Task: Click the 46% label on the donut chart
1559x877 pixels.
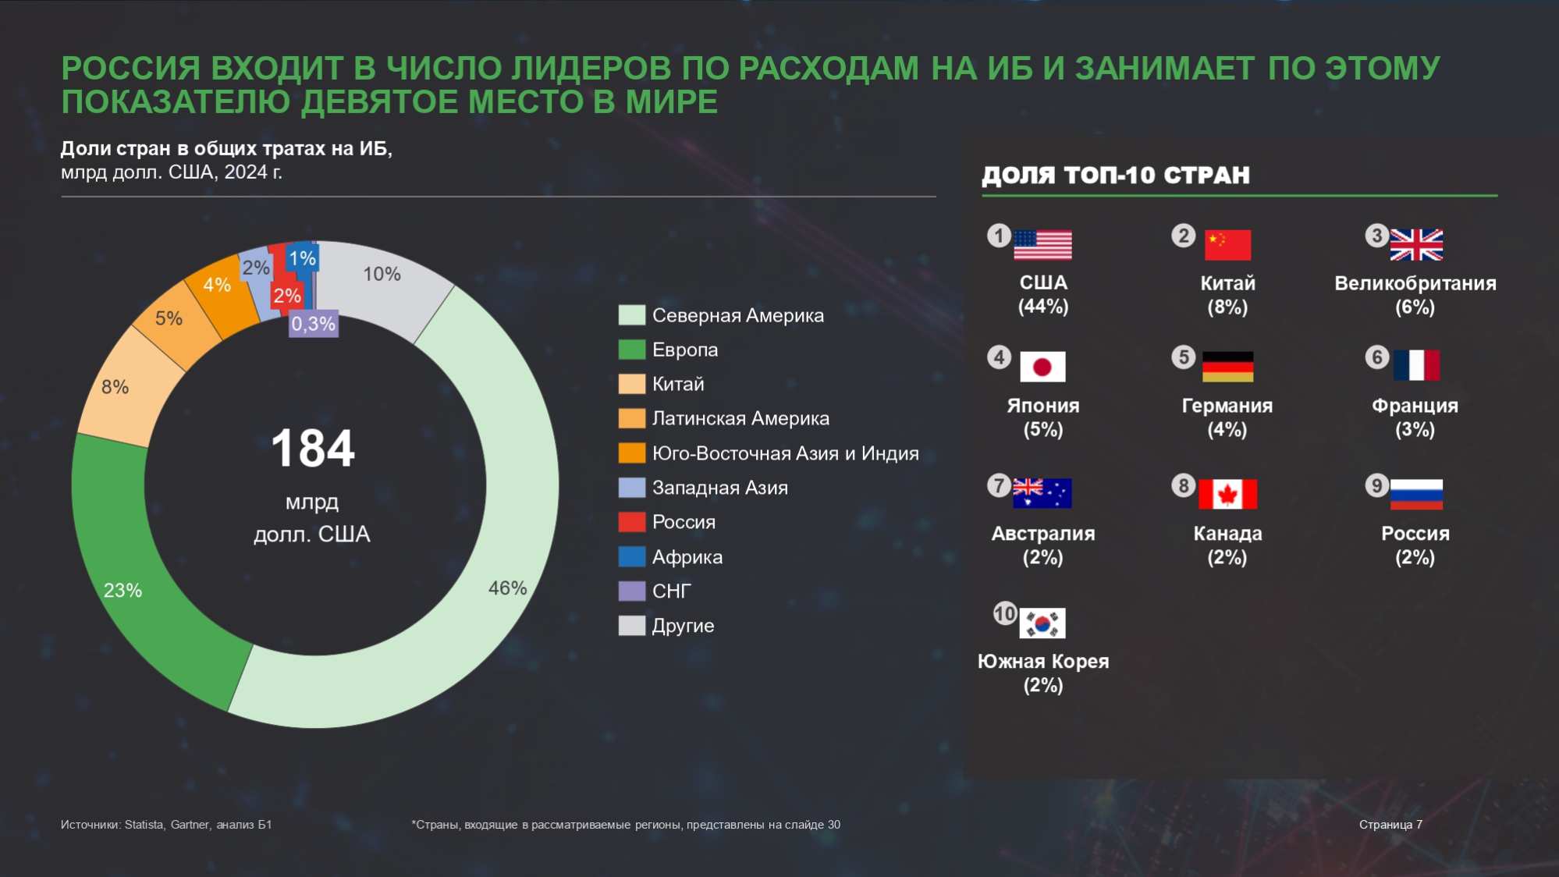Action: coord(507,588)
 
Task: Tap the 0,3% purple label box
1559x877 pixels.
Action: coord(313,324)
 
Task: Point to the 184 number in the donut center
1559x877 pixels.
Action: coord(313,449)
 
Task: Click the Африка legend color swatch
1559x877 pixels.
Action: coord(631,556)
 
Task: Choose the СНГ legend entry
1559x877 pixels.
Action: coord(671,591)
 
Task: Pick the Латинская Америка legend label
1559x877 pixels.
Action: coord(740,418)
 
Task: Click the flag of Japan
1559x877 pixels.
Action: coord(1042,367)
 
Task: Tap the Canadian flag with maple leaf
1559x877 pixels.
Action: coord(1227,494)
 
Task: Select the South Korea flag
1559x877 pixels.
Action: coord(1042,623)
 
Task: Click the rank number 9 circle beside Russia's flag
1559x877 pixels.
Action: coord(1376,485)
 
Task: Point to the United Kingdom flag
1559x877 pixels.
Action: coord(1416,245)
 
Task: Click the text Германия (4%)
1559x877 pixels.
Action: coord(1227,417)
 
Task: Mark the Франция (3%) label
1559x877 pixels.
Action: coord(1415,417)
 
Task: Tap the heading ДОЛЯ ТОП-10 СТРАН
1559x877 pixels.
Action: coord(1115,175)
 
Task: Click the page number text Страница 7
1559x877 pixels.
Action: coord(1390,825)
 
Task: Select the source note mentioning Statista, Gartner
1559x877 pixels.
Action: coord(166,825)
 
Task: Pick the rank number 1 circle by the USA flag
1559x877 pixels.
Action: coord(999,236)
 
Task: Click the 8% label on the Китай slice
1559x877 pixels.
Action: coord(115,387)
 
